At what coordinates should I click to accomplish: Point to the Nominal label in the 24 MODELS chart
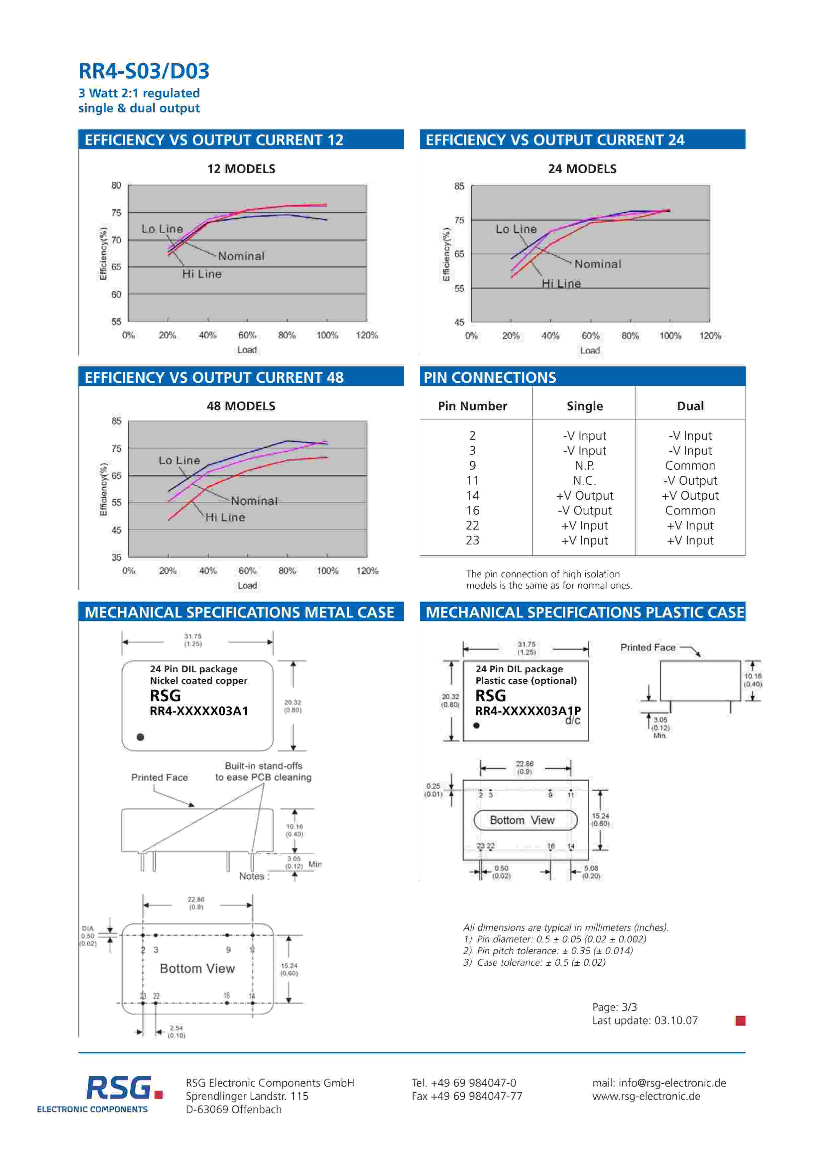(598, 264)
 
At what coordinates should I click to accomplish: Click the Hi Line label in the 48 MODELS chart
(225, 518)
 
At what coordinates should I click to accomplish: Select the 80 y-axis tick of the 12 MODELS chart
(116, 186)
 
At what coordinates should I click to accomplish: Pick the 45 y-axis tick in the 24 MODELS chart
(459, 323)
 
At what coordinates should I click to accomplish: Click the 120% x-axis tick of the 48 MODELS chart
(367, 571)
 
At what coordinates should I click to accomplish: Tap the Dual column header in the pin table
(690, 406)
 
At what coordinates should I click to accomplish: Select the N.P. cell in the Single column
(585, 465)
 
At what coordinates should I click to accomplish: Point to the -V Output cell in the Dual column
(690, 481)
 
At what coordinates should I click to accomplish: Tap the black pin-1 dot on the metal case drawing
(141, 737)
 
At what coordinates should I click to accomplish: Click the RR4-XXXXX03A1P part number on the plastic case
(528, 711)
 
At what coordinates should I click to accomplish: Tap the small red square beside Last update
(740, 1020)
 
